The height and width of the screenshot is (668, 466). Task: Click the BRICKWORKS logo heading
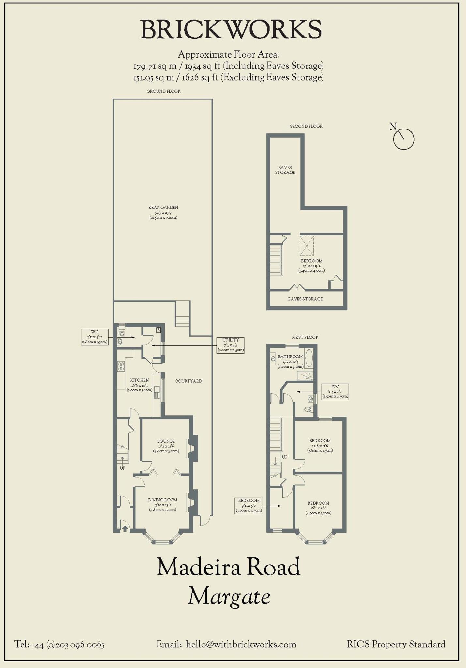click(231, 30)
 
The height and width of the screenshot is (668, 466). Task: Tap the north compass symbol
click(403, 139)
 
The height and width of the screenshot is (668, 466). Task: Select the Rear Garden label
click(163, 212)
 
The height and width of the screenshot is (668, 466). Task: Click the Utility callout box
click(231, 345)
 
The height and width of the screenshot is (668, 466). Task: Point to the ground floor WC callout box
click(95, 337)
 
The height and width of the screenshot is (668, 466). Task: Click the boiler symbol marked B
click(158, 330)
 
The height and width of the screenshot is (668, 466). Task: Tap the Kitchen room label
click(140, 385)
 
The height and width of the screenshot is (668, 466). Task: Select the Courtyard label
click(188, 381)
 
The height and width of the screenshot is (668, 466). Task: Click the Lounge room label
click(166, 446)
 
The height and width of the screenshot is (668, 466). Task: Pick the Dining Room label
click(163, 504)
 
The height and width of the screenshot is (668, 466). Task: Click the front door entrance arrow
click(125, 528)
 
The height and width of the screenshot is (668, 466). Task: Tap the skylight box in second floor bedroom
click(307, 246)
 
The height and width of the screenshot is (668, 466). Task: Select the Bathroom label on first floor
click(290, 361)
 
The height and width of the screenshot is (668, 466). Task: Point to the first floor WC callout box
click(335, 391)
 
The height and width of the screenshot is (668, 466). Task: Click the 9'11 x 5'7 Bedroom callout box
click(248, 505)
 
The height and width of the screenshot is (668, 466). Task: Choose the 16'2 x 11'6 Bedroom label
click(318, 508)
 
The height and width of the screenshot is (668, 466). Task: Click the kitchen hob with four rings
click(121, 366)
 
